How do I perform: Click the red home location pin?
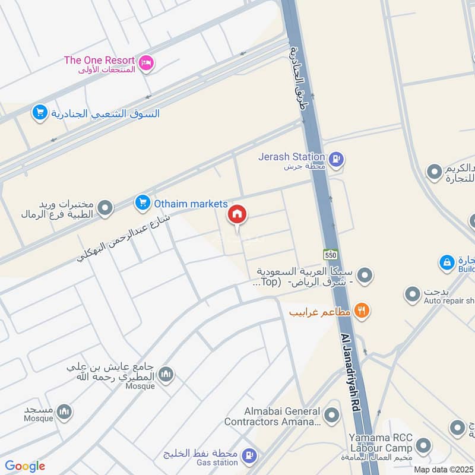tap(237, 214)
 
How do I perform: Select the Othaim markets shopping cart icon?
tap(142, 203)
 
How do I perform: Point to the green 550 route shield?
tap(331, 254)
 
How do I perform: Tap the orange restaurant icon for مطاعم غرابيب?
tap(362, 310)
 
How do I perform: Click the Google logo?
tap(24, 466)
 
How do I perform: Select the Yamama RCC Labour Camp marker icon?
tap(423, 445)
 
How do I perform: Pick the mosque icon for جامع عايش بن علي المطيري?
tap(166, 375)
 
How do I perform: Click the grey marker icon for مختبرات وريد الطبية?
tap(105, 208)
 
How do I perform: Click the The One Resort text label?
tap(100, 60)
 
